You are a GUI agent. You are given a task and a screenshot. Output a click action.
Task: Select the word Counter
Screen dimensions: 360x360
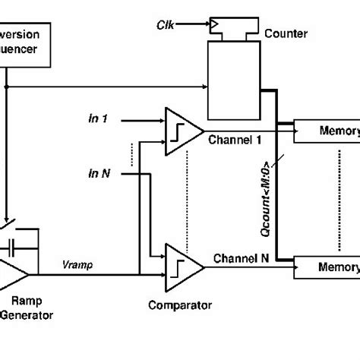point(285,34)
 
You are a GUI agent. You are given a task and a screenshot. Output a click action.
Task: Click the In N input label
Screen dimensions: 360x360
point(100,173)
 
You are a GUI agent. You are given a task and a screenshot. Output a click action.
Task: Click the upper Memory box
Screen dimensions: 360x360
point(325,131)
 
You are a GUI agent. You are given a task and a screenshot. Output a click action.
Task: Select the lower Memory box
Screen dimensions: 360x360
point(325,267)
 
